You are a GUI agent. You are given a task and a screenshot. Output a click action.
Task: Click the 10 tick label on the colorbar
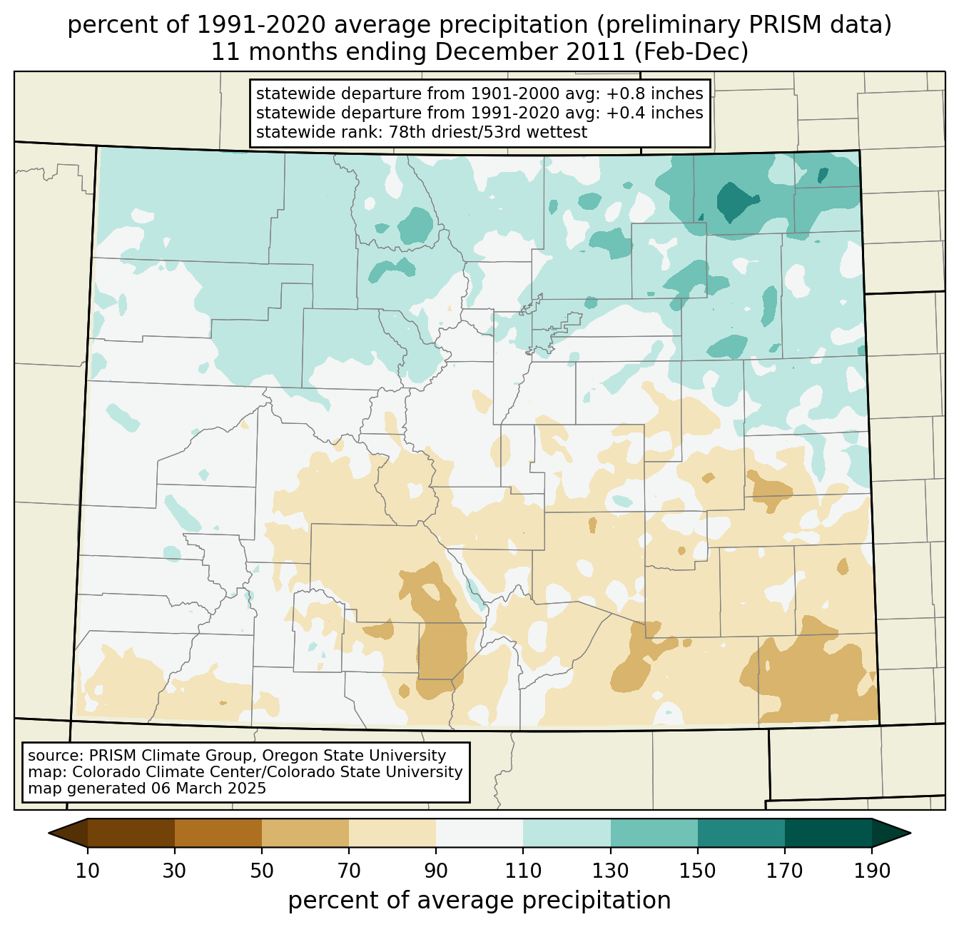88,871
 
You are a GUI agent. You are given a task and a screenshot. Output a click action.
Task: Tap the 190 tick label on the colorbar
872,871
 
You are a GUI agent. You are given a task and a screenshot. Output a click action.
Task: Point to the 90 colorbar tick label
436,871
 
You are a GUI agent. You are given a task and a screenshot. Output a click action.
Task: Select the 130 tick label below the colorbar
611,871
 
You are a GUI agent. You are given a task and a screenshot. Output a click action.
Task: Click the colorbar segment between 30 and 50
218,833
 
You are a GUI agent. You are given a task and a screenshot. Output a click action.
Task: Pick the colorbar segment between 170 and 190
828,833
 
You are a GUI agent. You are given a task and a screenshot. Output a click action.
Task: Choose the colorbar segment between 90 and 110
479,833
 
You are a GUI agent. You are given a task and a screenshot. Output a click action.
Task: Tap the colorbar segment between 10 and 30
131,833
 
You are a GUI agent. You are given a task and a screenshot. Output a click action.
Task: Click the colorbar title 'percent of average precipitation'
479,901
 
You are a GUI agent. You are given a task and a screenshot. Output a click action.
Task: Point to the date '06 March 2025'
208,789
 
